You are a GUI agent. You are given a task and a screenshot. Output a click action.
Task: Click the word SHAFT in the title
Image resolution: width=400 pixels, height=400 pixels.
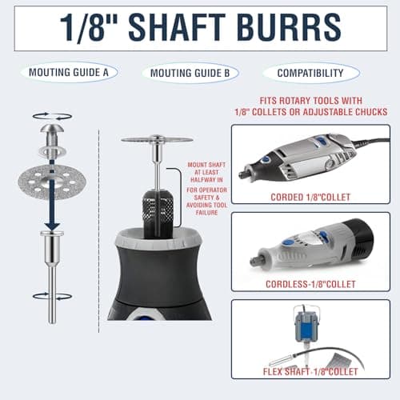pyautogui.click(x=177, y=27)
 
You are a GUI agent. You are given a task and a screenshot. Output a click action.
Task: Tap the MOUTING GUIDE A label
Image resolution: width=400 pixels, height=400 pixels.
pyautogui.click(x=69, y=72)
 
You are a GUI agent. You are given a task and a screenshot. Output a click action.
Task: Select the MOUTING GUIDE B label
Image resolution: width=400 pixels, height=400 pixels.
pyautogui.click(x=190, y=73)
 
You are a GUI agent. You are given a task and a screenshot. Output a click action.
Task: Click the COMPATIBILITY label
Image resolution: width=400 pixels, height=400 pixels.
pyautogui.click(x=310, y=73)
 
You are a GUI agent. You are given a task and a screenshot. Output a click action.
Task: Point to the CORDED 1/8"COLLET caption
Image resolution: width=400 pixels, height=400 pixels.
pyautogui.click(x=310, y=197)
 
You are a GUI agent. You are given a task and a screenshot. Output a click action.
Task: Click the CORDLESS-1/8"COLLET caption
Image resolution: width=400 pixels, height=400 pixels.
pyautogui.click(x=310, y=284)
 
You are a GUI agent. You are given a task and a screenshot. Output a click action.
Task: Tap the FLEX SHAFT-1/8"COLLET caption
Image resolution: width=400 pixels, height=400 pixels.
pyautogui.click(x=310, y=371)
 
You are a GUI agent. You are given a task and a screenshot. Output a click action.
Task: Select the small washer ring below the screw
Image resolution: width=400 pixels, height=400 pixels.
pyautogui.click(x=52, y=152)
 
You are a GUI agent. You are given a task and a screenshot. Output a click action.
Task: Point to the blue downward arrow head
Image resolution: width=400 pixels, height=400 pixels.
pyautogui.click(x=52, y=225)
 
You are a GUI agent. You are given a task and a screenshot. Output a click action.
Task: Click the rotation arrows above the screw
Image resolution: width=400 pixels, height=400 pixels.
pyautogui.click(x=52, y=116)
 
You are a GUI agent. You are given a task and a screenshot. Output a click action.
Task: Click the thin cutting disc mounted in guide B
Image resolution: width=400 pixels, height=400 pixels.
pyautogui.click(x=157, y=139)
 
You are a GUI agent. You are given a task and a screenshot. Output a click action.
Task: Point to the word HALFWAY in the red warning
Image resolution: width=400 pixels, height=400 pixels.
pyautogui.click(x=206, y=180)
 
